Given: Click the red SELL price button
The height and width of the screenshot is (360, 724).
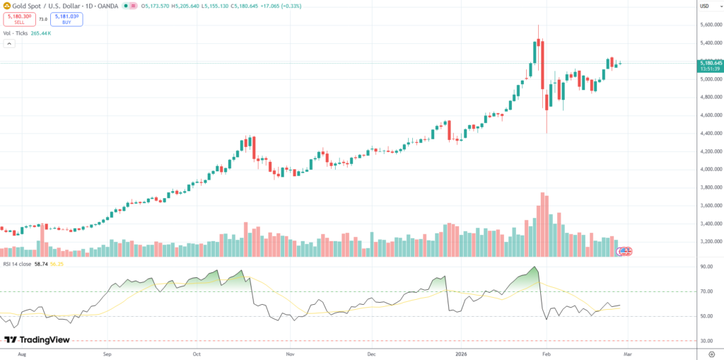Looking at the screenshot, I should coord(19,19).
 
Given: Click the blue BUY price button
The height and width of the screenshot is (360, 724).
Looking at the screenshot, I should coord(66,19).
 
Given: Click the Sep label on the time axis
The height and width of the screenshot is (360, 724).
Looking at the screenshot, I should coord(107,352).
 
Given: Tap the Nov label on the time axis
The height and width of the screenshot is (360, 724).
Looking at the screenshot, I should coord(289,352).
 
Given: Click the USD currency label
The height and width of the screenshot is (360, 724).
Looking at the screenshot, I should coord(704,6).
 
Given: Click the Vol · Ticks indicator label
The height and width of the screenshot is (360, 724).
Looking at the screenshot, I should coord(15,33).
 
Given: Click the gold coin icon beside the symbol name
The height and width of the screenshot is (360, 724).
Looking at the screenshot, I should coord(6,6).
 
